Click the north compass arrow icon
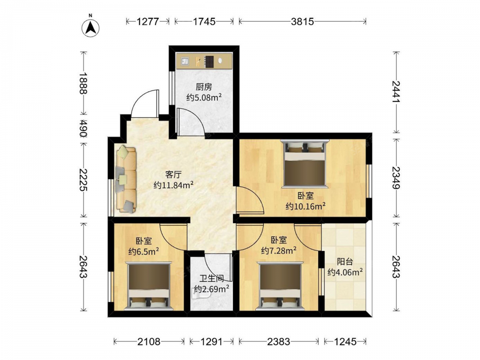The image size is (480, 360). pos(91,28)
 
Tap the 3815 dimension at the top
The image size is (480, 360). pos(302,22)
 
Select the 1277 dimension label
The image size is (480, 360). pos(148,22)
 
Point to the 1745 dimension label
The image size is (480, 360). pos(204,22)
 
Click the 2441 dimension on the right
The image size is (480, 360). pos(396,91)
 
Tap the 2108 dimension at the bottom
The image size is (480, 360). pos(149,341)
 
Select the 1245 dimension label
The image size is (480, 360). pos(345,341)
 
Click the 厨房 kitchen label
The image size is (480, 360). pos(204,87)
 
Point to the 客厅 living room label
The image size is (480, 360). pos(174,175)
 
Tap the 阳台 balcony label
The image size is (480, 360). pos(345,262)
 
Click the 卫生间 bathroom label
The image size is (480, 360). pos(212,278)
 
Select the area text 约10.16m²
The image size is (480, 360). pos(305,206)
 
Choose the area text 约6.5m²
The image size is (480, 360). pos(144,252)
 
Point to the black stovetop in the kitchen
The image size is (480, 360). pos(209,61)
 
